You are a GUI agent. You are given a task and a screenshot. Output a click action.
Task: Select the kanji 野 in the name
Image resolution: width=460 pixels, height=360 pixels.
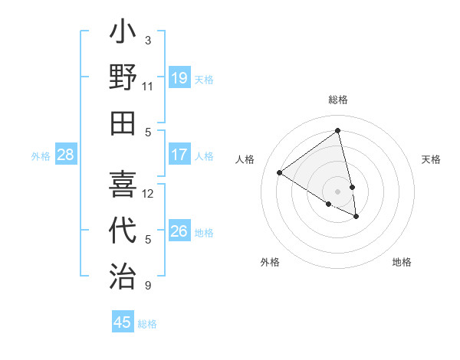pos(123,77)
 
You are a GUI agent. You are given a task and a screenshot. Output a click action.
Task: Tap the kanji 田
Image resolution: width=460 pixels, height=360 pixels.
pos(123,123)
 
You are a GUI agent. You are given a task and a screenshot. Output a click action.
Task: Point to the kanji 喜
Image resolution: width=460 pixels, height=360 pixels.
pos(123,185)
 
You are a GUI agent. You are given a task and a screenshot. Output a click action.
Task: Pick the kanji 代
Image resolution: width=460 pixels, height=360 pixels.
pos(123,231)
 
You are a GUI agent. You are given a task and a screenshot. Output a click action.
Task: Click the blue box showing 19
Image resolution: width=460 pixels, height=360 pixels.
pos(179,77)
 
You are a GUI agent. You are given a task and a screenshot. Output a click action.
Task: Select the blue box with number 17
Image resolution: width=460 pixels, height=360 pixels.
pos(179,155)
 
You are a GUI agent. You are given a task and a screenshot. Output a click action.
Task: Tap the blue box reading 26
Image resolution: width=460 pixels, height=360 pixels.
pos(179,231)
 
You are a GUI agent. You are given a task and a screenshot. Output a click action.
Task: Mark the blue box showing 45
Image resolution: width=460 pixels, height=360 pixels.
pos(123,322)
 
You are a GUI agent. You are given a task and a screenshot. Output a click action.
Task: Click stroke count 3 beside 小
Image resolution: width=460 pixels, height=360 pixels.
pos(148,40)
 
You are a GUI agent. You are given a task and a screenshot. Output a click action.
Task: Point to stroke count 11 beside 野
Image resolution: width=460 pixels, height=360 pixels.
pos(147,86)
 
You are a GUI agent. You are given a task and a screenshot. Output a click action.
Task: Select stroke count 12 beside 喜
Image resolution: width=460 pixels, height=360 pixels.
pos(148,193)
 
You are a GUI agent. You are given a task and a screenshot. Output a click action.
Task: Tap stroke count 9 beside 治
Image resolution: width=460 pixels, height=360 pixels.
pos(148,286)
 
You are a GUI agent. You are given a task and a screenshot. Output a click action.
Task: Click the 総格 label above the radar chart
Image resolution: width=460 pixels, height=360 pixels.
pos(338,100)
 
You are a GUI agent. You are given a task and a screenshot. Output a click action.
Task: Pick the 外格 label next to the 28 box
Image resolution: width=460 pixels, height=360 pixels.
pos(41,156)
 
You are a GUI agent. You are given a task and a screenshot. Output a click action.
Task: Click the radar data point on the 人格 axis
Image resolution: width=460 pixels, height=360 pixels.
pos(280,173)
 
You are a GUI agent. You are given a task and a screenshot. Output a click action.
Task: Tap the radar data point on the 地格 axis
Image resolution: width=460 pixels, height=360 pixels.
pos(356,217)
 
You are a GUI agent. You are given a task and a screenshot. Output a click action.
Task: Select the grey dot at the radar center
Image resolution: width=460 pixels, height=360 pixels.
pos(337,191)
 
